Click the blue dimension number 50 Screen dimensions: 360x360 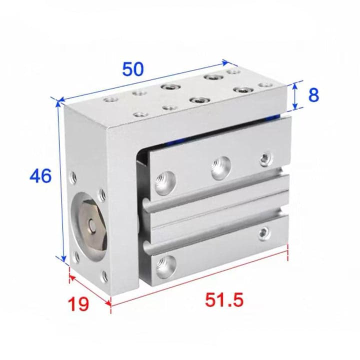(133, 69)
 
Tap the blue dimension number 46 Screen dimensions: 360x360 (40, 175)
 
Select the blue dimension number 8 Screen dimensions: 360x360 (313, 95)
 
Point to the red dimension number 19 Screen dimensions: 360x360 (78, 304)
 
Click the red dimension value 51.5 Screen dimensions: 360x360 (224, 300)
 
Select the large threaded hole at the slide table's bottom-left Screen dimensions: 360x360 (166, 267)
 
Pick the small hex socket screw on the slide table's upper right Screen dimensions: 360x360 (266, 159)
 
